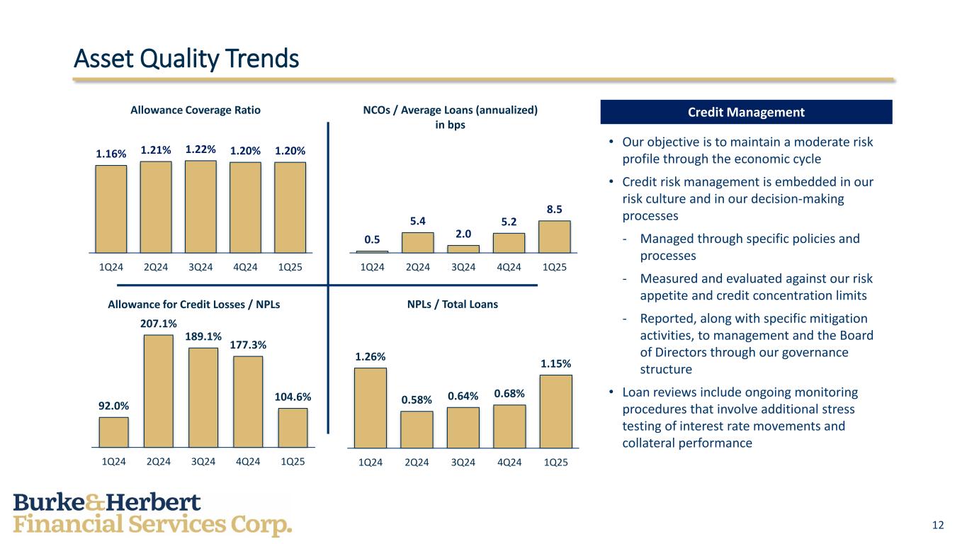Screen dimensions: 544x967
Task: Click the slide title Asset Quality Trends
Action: tap(186, 59)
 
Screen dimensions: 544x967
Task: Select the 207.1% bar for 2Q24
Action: tap(159, 391)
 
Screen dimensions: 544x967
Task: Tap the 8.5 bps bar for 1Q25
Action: tap(554, 237)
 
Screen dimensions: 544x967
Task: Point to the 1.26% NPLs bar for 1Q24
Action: tap(371, 408)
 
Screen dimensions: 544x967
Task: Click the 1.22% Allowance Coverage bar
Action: tap(200, 206)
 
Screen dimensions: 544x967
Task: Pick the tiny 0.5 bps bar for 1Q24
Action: tap(372, 251)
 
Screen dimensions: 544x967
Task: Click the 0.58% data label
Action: tap(417, 399)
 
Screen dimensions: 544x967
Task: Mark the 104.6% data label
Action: tap(293, 397)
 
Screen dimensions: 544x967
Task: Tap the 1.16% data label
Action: tap(111, 154)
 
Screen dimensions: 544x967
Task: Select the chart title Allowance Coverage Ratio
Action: tap(196, 110)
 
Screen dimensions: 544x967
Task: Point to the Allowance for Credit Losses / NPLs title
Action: tap(194, 304)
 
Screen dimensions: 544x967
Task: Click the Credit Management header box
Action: tap(746, 112)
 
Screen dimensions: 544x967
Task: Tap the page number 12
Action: tap(938, 525)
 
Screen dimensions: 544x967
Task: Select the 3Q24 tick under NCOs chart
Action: tap(463, 267)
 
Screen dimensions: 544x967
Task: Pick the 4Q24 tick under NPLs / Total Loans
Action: tap(509, 463)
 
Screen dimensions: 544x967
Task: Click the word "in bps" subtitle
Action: tap(449, 125)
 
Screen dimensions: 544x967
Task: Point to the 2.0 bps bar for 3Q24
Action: tap(463, 249)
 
